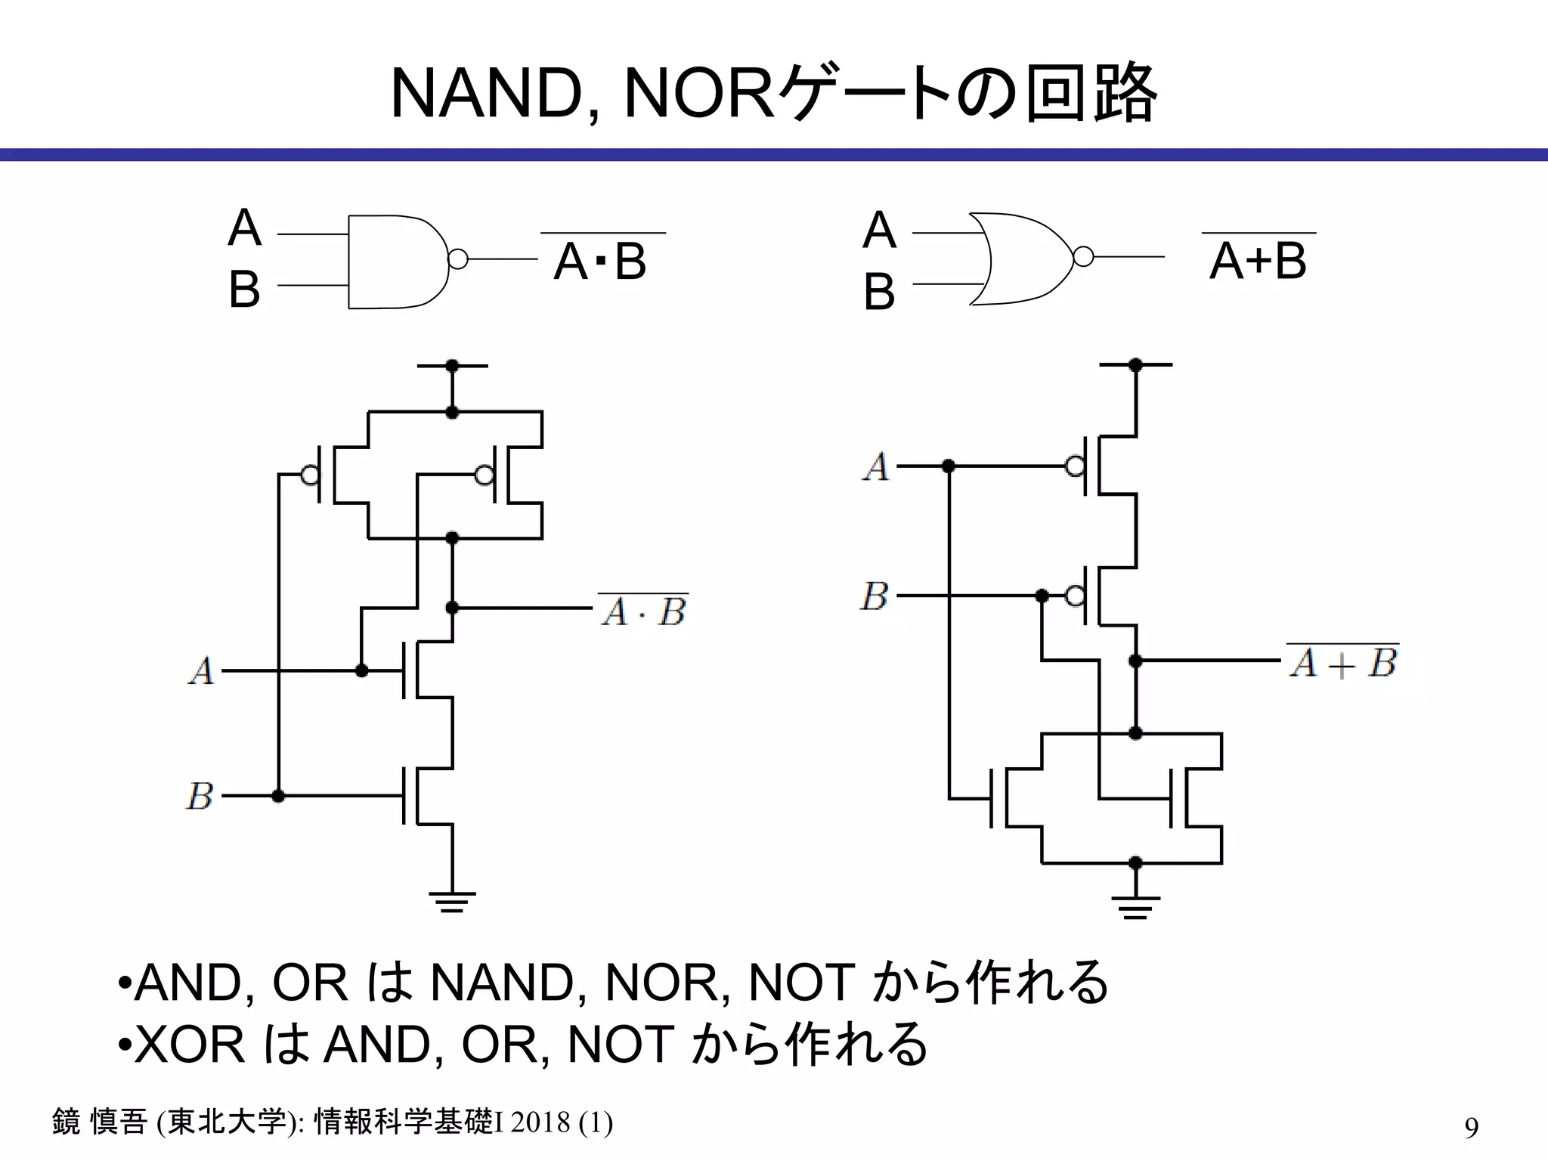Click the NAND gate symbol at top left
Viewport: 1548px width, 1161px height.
[397, 262]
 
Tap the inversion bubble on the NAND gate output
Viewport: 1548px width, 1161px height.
[457, 259]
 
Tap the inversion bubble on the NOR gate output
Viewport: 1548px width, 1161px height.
[1083, 257]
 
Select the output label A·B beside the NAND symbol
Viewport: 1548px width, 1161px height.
[601, 262]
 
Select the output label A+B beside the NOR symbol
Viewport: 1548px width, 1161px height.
[1258, 260]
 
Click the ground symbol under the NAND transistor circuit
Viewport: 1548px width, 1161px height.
[452, 901]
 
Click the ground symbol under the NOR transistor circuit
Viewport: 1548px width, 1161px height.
[1135, 906]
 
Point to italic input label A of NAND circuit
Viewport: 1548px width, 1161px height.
[202, 671]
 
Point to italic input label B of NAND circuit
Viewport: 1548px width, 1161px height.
[200, 797]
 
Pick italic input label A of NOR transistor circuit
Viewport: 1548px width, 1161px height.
[877, 466]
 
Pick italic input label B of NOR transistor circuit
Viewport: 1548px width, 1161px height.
[875, 596]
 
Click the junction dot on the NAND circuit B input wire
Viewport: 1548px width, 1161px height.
[278, 796]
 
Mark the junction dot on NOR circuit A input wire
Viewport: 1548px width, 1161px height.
[949, 466]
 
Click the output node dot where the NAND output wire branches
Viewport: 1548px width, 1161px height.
[452, 608]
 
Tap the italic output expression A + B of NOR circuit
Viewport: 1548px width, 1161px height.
[1343, 664]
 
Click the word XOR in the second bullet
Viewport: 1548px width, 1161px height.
[190, 1045]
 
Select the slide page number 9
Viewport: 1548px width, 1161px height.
[1471, 1127]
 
